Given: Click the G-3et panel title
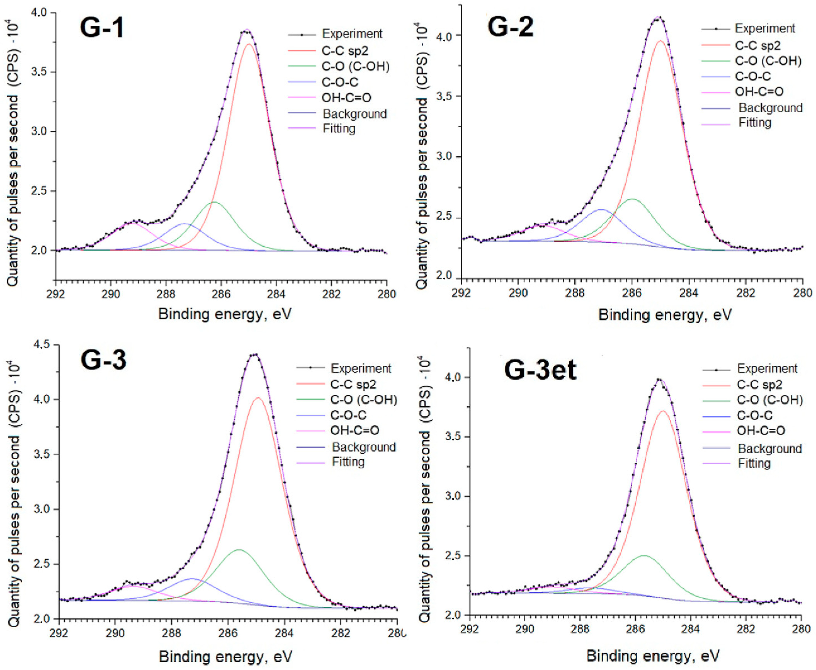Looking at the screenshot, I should tap(540, 370).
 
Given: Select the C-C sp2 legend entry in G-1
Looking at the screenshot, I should tap(344, 50).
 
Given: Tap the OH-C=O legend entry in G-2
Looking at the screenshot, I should tap(759, 91).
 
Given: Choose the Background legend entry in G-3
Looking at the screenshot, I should tap(363, 447).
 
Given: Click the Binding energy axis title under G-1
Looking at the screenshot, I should tap(225, 314).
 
